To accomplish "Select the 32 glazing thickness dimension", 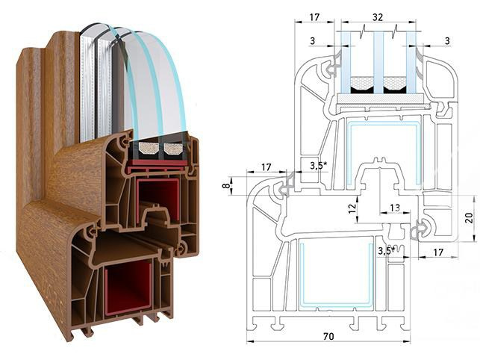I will tap(378, 16).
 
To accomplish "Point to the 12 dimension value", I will tap(352, 209).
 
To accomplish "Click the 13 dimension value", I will tap(394, 208).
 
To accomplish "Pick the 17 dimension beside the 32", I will tap(314, 16).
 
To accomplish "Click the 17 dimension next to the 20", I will tap(442, 252).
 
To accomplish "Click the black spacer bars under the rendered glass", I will tap(160, 149).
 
